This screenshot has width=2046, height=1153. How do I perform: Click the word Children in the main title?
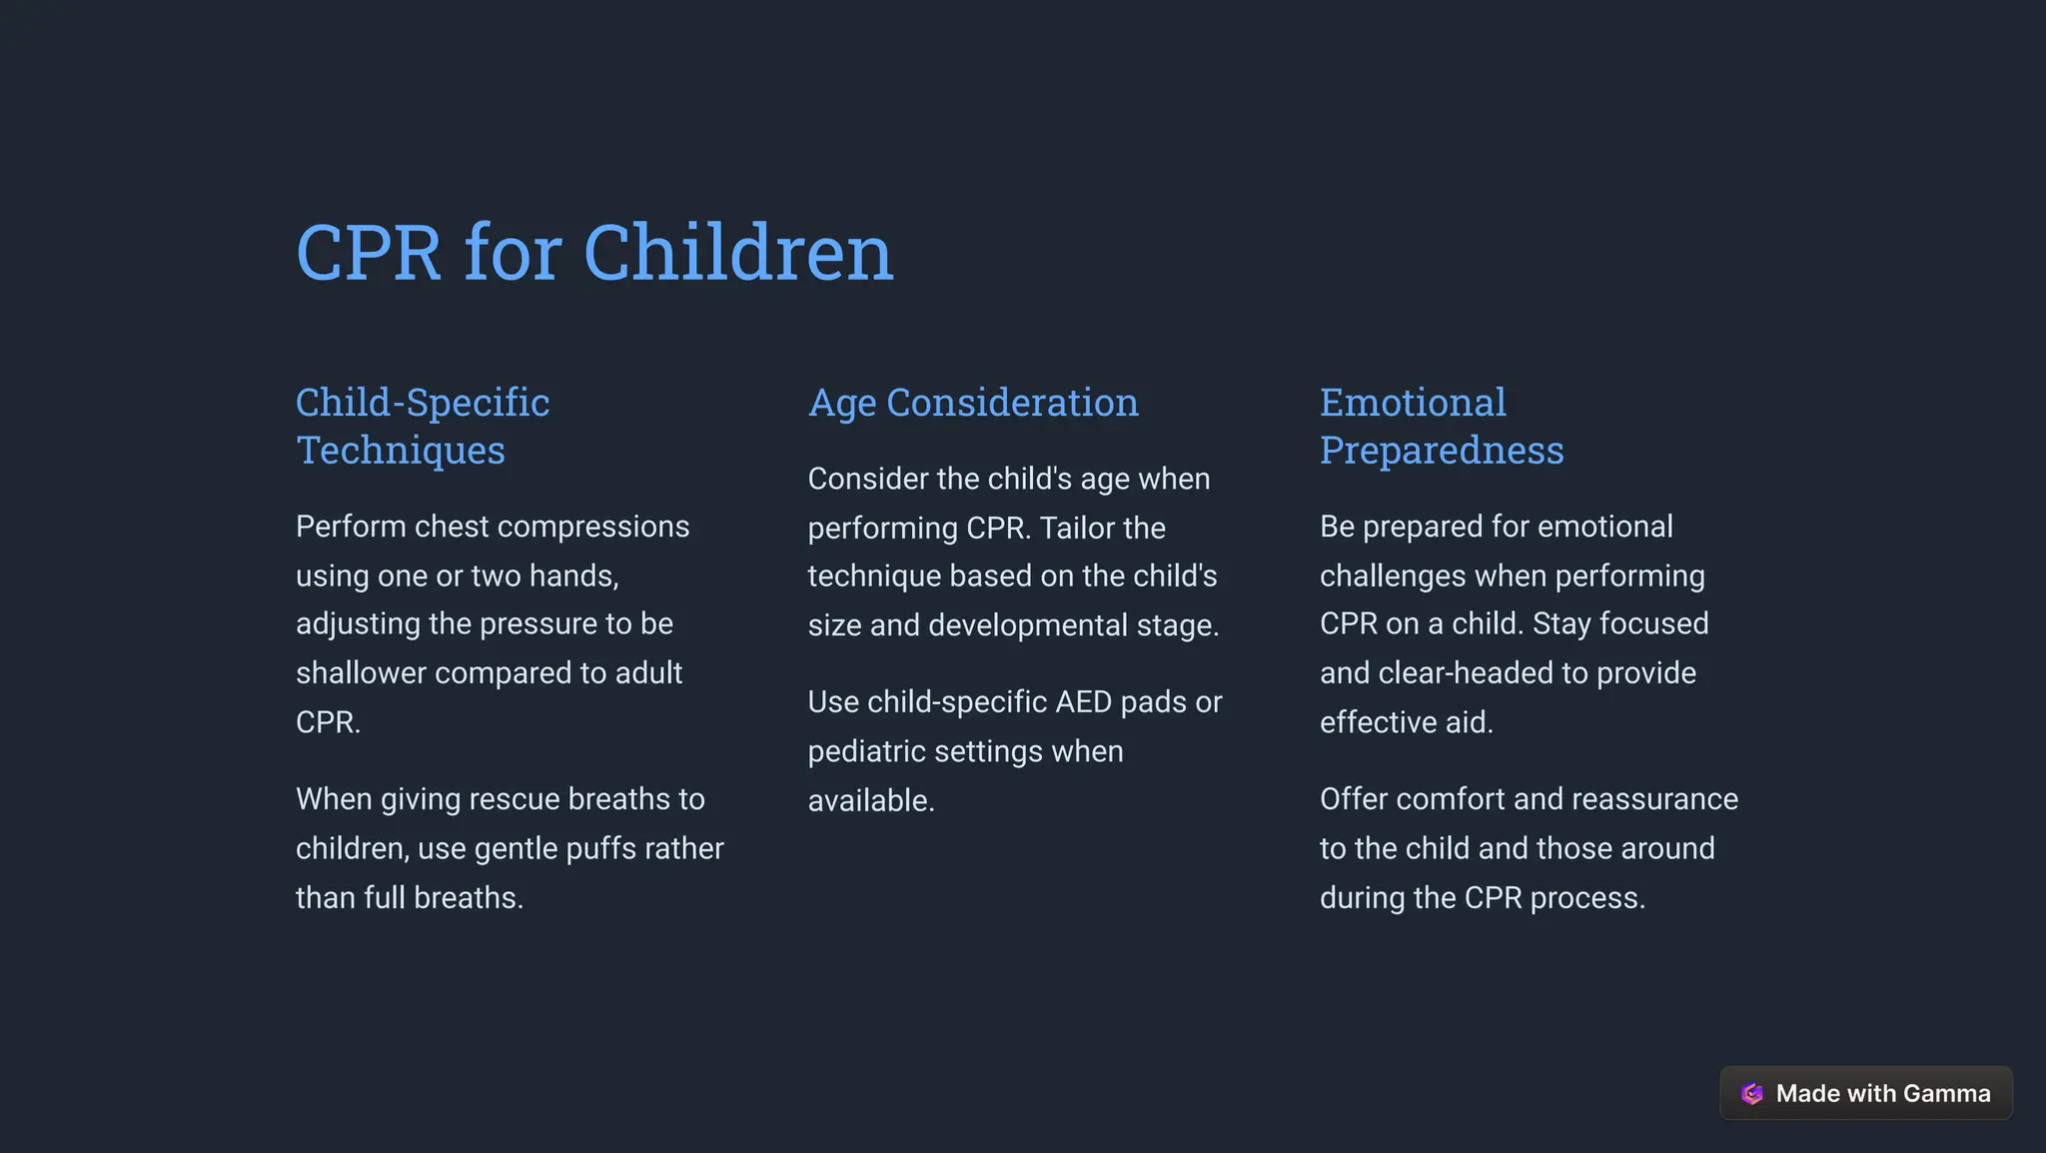[x=737, y=253]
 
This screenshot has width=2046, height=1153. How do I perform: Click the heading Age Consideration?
[x=972, y=403]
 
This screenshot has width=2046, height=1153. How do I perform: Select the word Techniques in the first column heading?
[x=401, y=451]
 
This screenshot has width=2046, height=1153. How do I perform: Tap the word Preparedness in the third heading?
[x=1441, y=451]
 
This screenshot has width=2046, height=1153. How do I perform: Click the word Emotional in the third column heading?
[x=1412, y=403]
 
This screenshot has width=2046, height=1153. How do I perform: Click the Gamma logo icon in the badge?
[x=1751, y=1093]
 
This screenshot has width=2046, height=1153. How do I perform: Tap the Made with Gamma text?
[x=1882, y=1093]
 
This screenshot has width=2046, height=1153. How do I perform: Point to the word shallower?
[x=361, y=673]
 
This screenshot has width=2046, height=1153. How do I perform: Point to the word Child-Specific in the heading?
[x=422, y=403]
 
